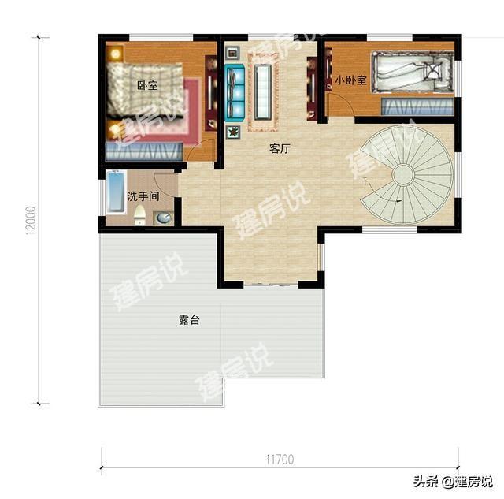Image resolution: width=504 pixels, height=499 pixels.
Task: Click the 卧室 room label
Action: (x=146, y=86)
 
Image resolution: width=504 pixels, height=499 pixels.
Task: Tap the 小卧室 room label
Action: (x=350, y=80)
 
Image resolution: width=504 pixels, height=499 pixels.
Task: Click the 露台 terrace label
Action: (x=189, y=321)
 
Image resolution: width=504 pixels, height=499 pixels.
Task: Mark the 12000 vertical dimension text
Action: (x=31, y=220)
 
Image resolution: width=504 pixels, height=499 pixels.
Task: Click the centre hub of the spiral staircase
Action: (x=403, y=174)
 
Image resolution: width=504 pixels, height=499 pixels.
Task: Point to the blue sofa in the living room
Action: (x=235, y=91)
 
